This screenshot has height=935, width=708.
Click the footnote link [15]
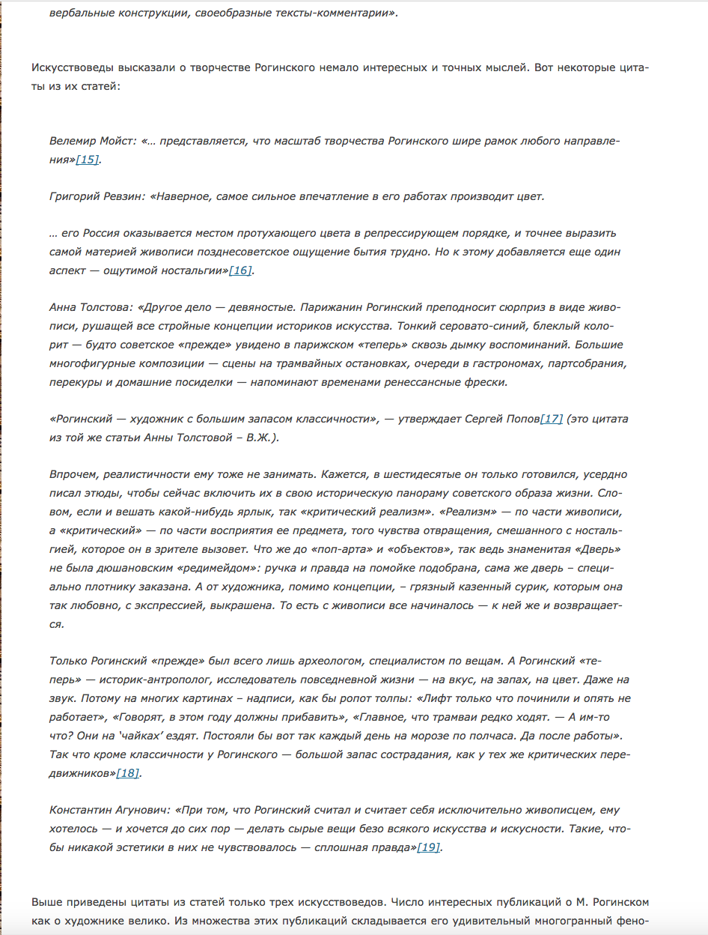point(87,160)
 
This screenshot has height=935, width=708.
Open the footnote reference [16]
point(240,270)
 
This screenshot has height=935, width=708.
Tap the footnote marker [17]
point(551,418)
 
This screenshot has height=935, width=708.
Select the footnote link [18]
point(127,772)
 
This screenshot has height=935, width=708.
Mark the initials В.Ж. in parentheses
point(260,437)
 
